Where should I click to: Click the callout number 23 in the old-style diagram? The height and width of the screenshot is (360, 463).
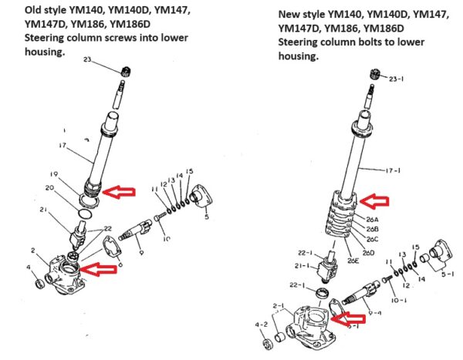coord(109,59)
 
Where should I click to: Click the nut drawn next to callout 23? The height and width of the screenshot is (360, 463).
coord(123,70)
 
